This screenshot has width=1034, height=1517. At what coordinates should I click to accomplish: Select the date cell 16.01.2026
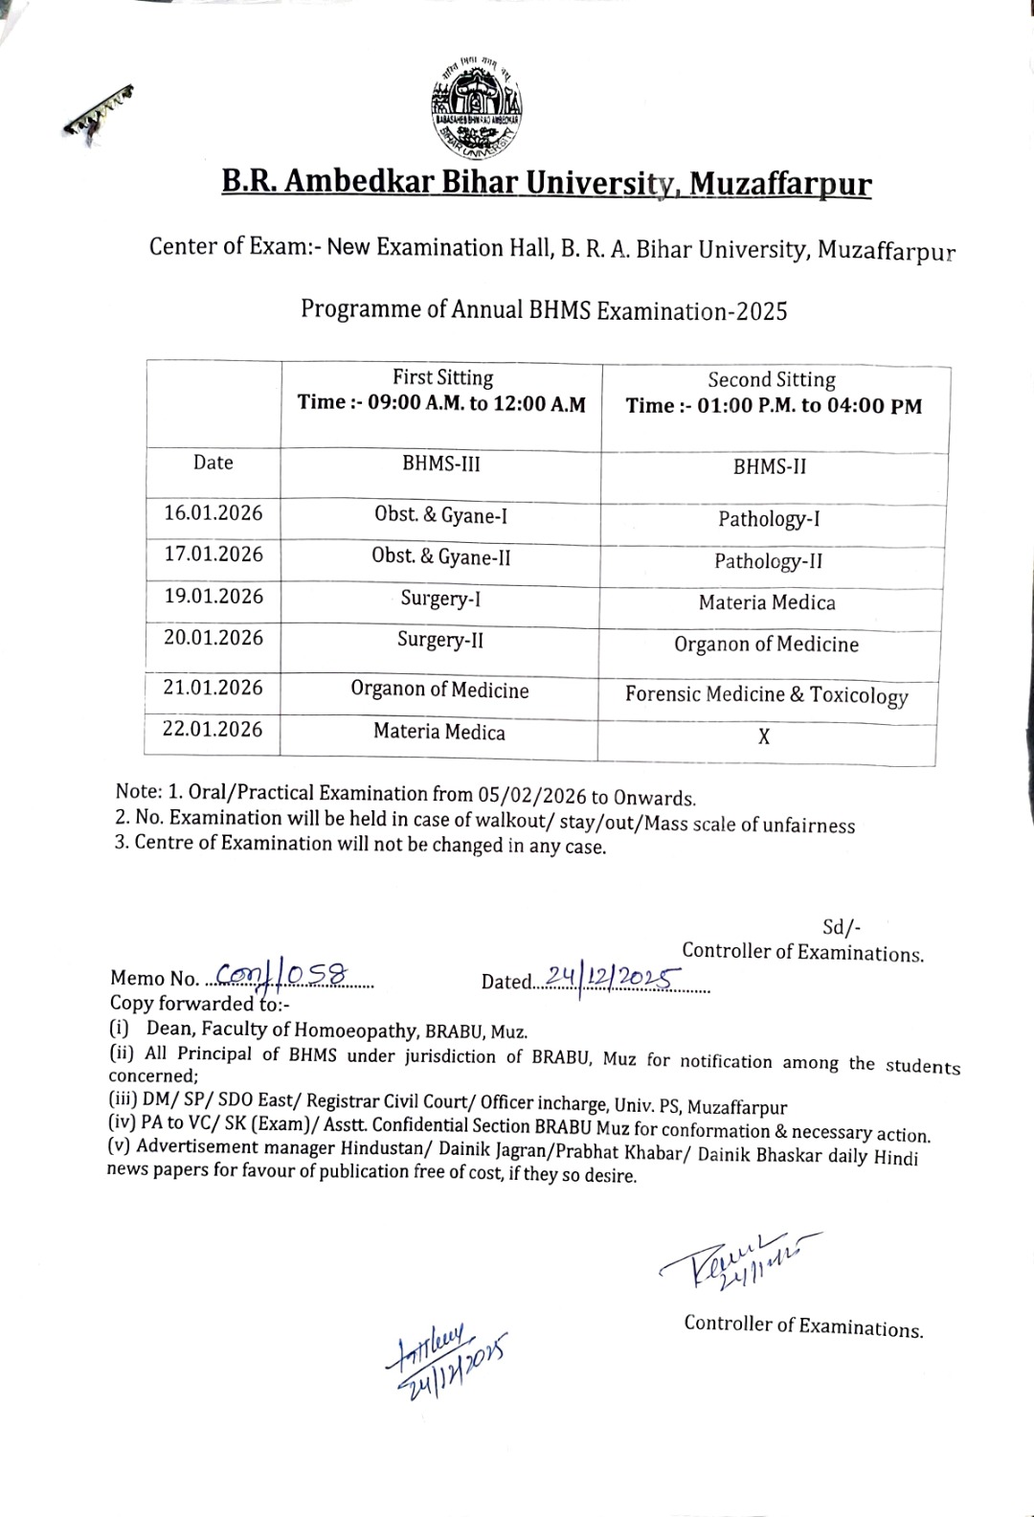(213, 513)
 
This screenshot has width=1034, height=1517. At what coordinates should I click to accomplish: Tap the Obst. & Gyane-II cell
(440, 556)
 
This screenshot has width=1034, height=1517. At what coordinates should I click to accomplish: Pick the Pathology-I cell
(769, 519)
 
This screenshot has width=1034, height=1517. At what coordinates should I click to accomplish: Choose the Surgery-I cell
(440, 599)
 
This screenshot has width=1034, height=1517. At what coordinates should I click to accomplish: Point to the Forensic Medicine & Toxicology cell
(766, 694)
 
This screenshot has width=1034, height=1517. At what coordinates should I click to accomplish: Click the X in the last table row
(764, 737)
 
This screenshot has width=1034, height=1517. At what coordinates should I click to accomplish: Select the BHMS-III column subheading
(440, 464)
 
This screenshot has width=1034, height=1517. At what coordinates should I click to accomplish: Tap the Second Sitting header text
(772, 379)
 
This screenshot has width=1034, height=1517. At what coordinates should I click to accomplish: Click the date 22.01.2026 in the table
(213, 729)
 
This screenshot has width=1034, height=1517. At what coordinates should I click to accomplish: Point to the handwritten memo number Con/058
(279, 974)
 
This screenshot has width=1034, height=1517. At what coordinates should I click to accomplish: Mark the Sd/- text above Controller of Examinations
(842, 927)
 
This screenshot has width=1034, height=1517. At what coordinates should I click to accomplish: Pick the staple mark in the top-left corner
(99, 110)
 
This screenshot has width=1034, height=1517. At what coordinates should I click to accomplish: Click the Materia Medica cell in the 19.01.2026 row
(767, 603)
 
